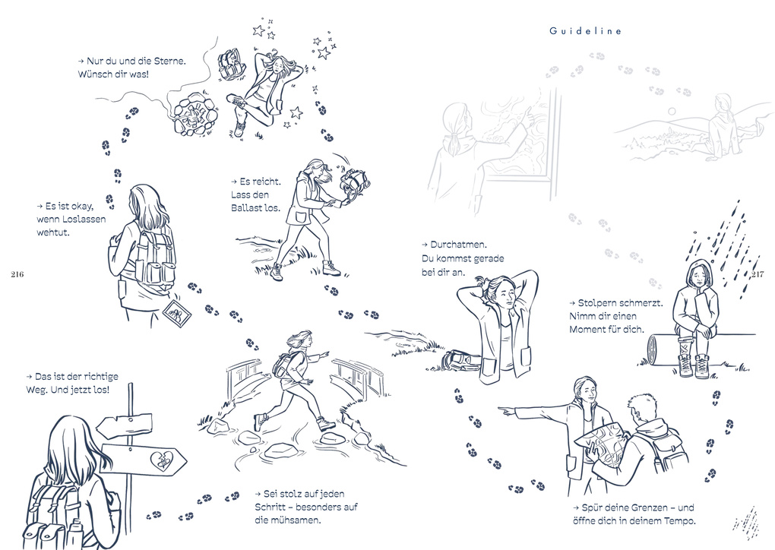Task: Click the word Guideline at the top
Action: (x=586, y=31)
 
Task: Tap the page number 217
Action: (x=757, y=274)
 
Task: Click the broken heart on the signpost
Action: (x=164, y=459)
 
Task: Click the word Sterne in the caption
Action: (x=168, y=60)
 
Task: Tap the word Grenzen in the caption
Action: (x=637, y=507)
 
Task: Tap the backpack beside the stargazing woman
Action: (x=230, y=66)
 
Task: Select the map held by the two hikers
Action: (x=602, y=442)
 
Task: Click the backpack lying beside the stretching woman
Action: (x=462, y=357)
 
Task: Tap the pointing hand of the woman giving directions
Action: (x=505, y=409)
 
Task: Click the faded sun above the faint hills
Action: (x=671, y=112)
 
